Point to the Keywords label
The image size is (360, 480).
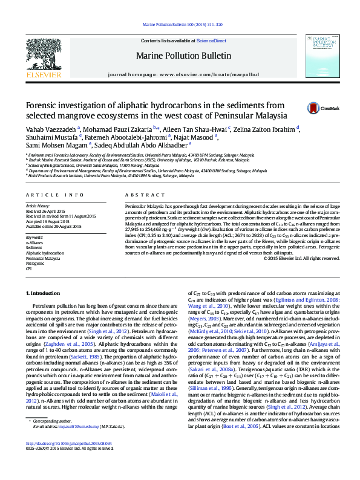pyautogui.click(x=34, y=238)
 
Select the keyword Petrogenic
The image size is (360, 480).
pyautogui.click(x=34, y=264)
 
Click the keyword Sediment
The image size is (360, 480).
pyautogui.click(x=34, y=248)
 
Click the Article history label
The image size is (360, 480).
pyautogui.click(x=38, y=206)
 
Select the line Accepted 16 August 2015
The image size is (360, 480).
pyautogui.click(x=49, y=221)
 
